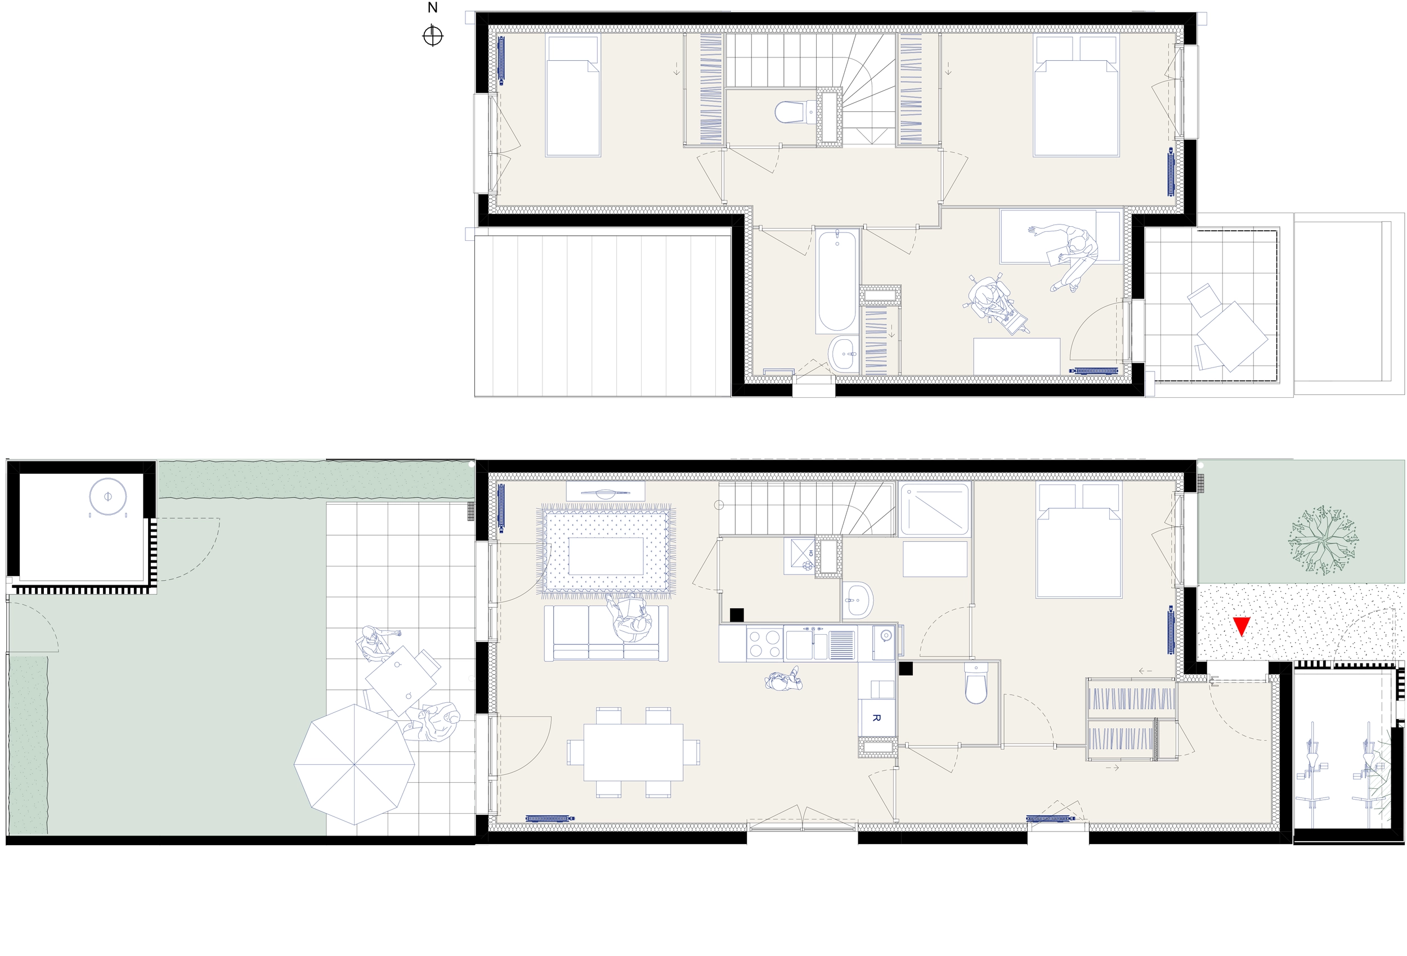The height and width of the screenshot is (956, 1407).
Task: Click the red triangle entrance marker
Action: pos(1241,625)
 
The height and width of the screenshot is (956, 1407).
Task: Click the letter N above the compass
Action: pos(432,8)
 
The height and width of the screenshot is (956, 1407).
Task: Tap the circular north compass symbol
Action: pos(433,35)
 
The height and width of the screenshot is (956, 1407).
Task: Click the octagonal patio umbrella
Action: pos(355,764)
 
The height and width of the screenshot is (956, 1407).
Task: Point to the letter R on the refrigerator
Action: pos(876,717)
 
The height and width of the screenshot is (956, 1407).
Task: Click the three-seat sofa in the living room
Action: pos(606,633)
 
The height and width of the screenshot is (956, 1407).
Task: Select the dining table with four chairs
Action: pos(633,752)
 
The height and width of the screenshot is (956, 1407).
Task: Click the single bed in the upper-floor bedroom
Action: pos(573,96)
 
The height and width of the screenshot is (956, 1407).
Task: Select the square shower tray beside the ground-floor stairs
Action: pos(934,509)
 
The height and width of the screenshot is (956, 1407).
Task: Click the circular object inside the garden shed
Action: pos(107,497)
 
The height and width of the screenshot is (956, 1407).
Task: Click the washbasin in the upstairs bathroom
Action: pos(843,354)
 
